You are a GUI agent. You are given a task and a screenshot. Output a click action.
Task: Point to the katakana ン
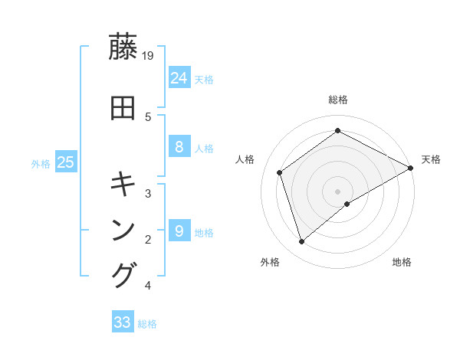(123, 231)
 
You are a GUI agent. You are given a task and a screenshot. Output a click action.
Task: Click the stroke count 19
(149, 55)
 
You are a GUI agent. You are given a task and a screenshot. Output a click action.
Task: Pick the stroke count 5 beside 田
(149, 116)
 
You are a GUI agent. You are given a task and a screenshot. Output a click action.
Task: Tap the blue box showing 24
(179, 77)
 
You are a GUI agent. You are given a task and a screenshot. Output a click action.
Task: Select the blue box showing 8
(179, 147)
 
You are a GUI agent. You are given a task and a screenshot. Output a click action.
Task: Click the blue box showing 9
(179, 231)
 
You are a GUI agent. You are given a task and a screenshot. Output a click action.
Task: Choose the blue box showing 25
(65, 162)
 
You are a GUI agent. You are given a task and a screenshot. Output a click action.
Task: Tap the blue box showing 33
(123, 322)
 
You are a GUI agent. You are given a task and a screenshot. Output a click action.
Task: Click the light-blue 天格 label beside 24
(204, 79)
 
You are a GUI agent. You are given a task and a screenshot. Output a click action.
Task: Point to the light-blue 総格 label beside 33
(147, 324)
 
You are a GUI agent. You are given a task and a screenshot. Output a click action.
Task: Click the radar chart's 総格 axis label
(337, 100)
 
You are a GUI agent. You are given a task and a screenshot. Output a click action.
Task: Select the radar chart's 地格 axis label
(402, 262)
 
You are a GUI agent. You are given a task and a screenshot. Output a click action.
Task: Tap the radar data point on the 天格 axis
(410, 168)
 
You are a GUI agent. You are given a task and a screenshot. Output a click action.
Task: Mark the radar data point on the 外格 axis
(302, 242)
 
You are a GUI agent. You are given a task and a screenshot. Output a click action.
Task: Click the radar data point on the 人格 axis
(280, 172)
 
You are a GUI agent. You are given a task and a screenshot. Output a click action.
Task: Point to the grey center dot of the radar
(337, 191)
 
